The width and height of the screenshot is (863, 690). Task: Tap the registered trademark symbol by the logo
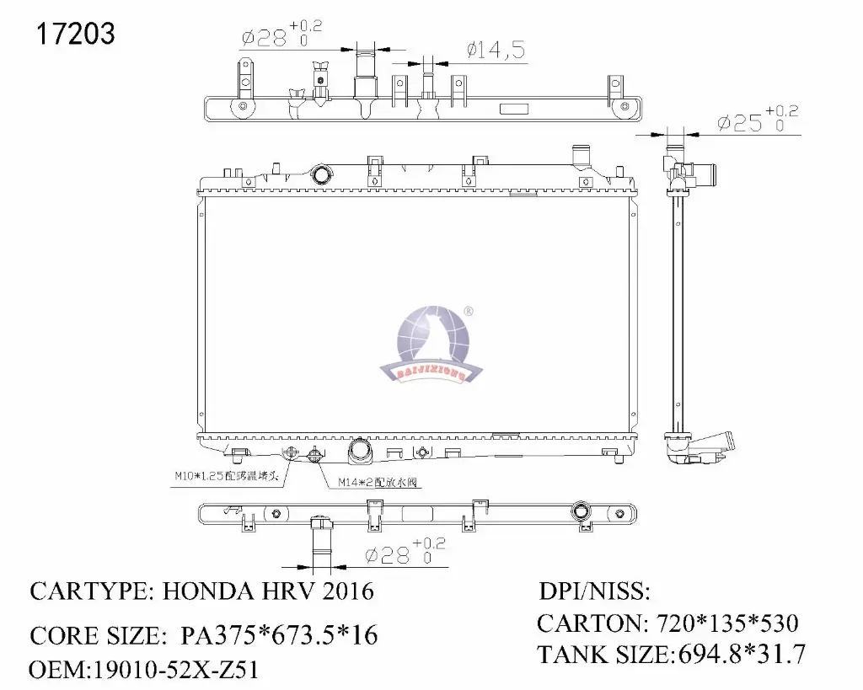tap(469, 312)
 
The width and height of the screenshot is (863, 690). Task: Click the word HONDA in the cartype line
tap(202, 591)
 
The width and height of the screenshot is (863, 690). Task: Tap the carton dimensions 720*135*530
tap(721, 623)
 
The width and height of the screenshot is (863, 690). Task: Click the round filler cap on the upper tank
tap(322, 174)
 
